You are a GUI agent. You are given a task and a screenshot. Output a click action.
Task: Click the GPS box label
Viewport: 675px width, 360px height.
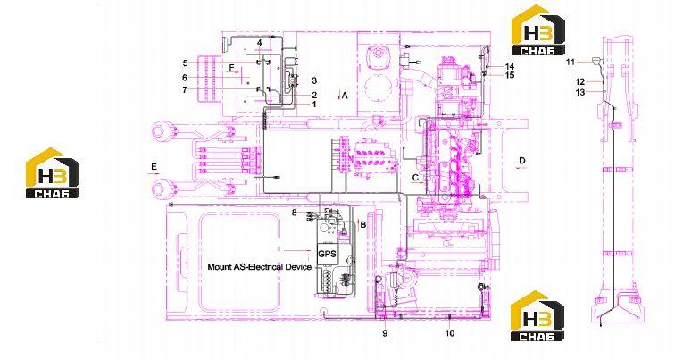coord(327,254)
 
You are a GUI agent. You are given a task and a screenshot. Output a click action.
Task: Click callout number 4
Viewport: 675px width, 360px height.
coord(260,43)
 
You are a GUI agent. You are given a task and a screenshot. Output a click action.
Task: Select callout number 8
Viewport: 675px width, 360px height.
coord(295,213)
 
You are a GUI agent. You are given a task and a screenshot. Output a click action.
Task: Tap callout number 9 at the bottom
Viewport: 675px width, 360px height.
coord(385,333)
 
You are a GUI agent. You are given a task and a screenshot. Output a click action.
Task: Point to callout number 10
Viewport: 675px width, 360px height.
coord(450,333)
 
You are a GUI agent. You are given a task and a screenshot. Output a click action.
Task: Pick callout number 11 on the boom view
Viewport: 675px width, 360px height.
coord(570,62)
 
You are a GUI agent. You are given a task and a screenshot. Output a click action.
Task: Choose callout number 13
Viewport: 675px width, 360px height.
coord(580,92)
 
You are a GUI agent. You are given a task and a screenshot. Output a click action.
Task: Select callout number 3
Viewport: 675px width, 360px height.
coord(314,80)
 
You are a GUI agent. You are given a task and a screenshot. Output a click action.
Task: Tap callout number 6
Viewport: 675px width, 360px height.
coord(185,78)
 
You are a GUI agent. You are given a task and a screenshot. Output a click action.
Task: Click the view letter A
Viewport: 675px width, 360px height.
coord(345,96)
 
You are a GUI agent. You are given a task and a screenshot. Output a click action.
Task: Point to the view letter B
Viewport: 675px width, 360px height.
coord(363,224)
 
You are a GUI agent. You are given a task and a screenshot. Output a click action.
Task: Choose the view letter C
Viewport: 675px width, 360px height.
coord(415,177)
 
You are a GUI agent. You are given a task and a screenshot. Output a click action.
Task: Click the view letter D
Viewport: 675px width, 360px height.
coord(522,161)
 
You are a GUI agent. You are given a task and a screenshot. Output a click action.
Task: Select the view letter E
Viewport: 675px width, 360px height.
coord(154,166)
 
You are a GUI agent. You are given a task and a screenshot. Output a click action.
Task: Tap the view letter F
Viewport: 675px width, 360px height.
coord(232,68)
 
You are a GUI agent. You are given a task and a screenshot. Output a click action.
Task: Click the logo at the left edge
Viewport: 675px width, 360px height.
coord(53,173)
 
